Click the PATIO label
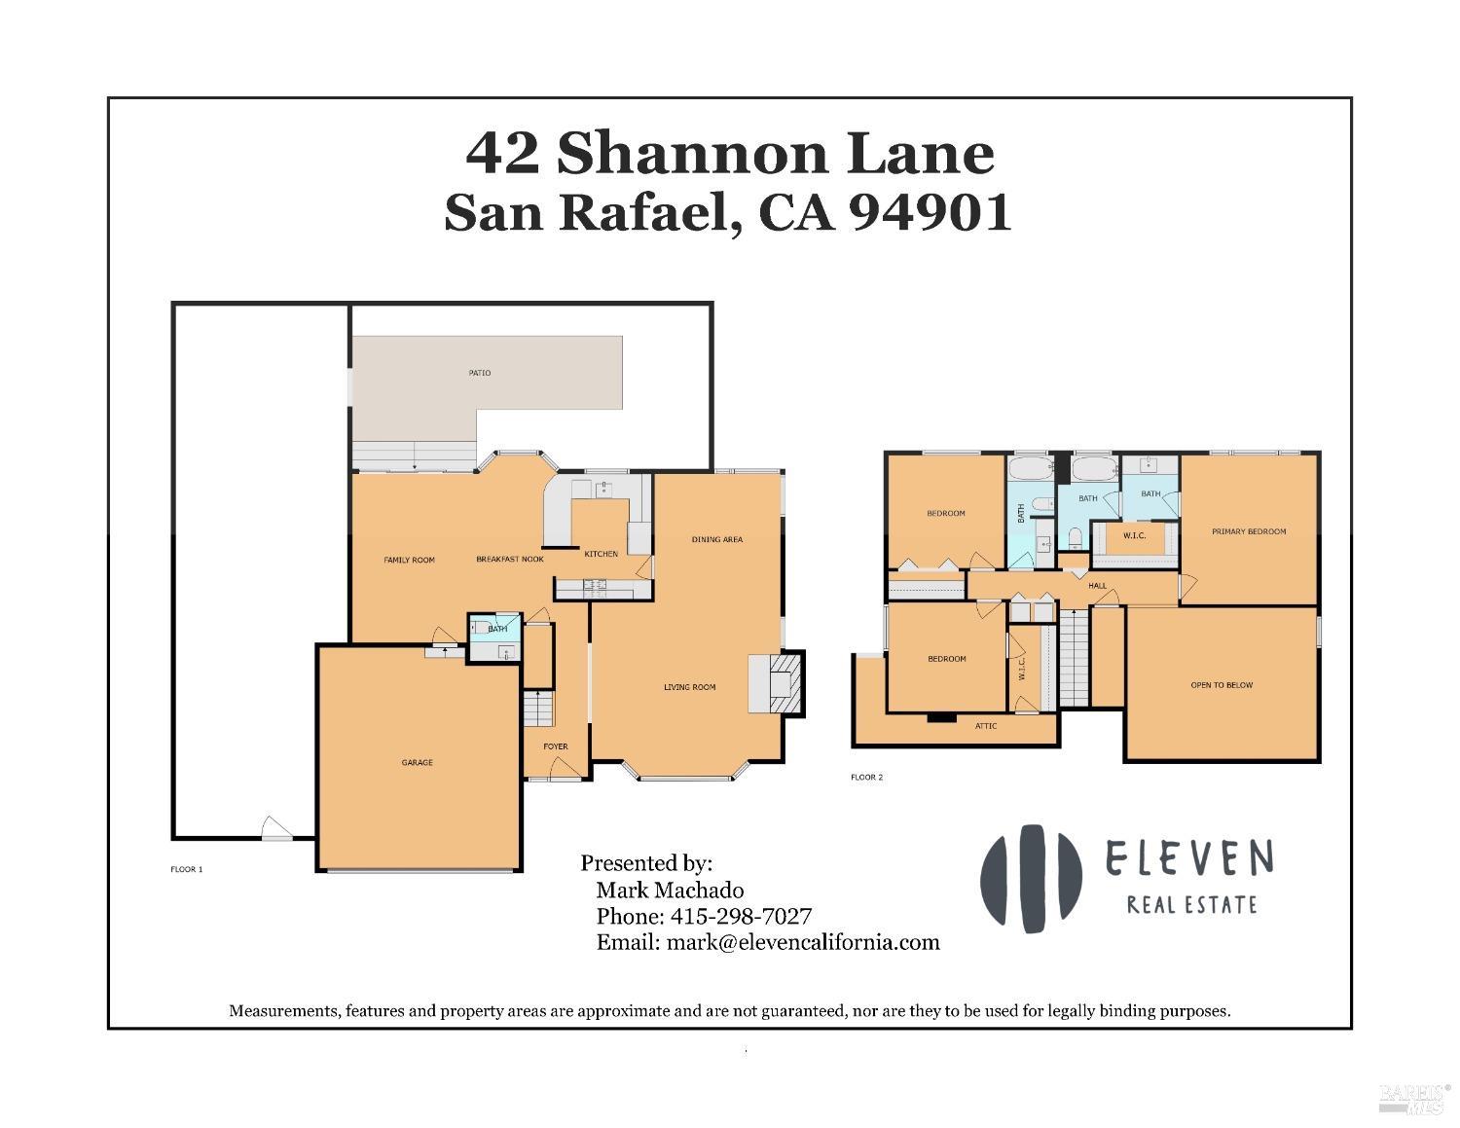pos(479,373)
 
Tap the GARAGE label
pos(418,762)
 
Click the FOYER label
pos(555,746)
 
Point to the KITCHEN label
pos(601,554)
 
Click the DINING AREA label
pos(717,539)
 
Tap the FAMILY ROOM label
pos(409,560)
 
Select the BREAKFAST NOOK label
pos(510,560)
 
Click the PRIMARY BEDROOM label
pos(1249,531)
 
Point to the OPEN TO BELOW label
pos(1222,685)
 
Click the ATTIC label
pos(986,726)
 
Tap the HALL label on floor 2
pos(1098,586)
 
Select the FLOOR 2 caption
pos(866,778)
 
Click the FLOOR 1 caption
pos(187,869)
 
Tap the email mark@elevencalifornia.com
pos(803,942)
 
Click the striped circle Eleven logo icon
pos(1031,879)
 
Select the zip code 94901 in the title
pos(931,212)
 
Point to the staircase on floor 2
pos(1073,657)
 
